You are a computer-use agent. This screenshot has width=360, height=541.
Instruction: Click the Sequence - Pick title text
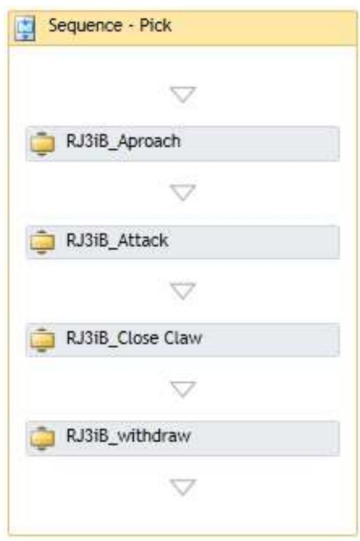(109, 27)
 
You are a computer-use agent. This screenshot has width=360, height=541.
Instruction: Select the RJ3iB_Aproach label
(123, 141)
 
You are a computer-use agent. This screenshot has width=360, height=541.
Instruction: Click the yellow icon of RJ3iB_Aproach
(43, 143)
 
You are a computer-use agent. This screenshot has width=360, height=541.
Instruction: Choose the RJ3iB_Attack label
(117, 240)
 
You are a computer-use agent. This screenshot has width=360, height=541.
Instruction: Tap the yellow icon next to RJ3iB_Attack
(43, 241)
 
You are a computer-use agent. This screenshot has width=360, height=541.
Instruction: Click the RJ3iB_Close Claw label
(134, 337)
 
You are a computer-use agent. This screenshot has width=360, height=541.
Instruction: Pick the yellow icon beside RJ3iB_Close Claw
(43, 339)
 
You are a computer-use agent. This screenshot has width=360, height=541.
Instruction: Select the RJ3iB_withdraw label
(128, 435)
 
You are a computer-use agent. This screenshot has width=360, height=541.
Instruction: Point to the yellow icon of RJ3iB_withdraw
(43, 437)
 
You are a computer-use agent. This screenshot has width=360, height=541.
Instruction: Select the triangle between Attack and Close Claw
(183, 291)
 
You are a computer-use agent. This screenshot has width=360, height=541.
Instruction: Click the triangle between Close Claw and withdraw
(183, 389)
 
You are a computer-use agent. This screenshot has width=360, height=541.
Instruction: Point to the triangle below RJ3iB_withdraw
(183, 487)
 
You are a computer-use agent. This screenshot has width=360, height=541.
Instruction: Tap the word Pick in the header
(158, 27)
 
